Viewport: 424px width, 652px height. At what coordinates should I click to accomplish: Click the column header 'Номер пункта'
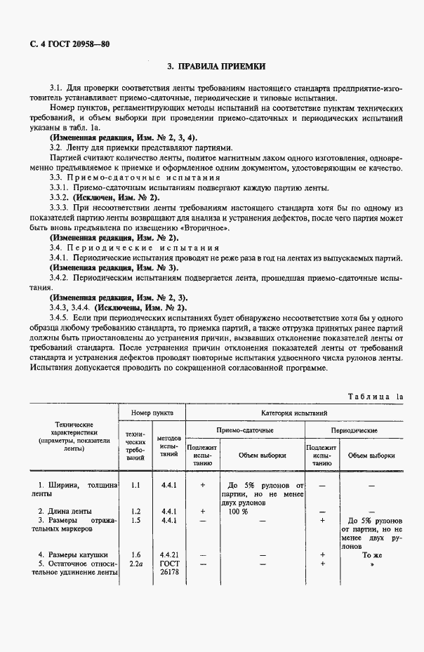point(150,413)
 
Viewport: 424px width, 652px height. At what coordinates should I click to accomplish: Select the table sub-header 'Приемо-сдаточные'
point(244,430)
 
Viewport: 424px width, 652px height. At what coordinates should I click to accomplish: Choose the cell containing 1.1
point(136,484)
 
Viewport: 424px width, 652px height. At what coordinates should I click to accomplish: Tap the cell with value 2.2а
point(136,563)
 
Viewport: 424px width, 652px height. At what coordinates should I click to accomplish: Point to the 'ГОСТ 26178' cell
point(168,567)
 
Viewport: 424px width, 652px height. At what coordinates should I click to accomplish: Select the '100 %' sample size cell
point(238,512)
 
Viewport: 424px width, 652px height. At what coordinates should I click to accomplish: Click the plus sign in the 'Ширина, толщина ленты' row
point(203,484)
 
